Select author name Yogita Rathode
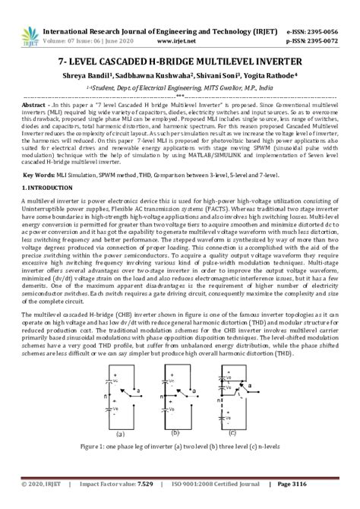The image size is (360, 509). coord(271,76)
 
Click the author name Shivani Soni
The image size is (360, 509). coord(219,76)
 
